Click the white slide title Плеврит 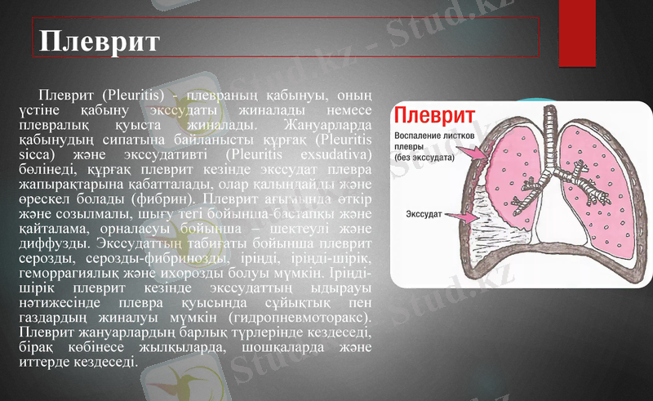[x=100, y=41]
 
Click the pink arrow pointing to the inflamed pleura [x=471, y=152]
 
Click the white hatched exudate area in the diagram [x=494, y=233]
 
